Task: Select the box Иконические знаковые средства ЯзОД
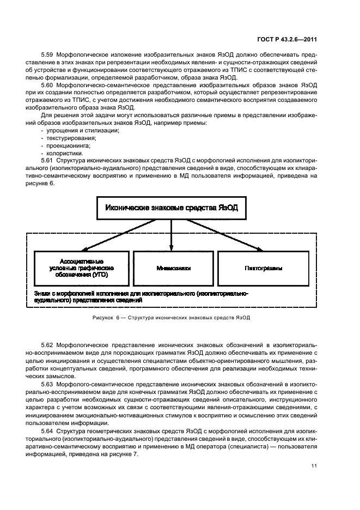pos(172,208)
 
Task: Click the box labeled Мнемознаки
pos(172,269)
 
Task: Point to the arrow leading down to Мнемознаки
pos(172,234)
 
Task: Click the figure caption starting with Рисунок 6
pos(172,318)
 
